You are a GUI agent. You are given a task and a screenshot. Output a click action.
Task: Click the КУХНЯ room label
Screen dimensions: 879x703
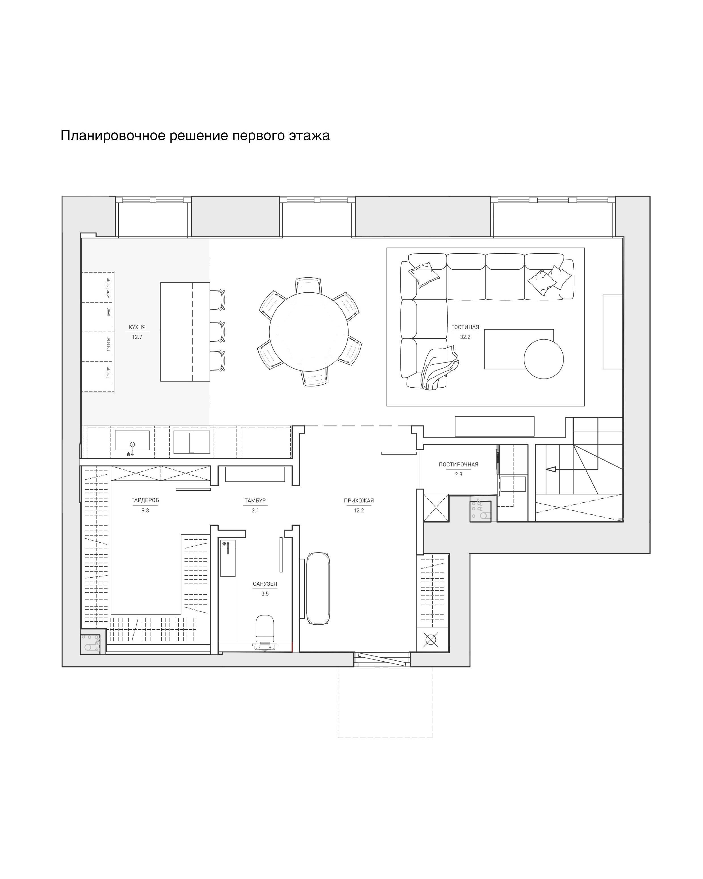(137, 327)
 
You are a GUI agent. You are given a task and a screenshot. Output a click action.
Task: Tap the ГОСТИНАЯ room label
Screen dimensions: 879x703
(465, 327)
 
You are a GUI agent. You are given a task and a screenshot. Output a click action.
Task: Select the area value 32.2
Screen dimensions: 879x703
(465, 337)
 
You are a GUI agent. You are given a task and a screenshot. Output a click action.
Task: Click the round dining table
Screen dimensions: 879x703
(309, 331)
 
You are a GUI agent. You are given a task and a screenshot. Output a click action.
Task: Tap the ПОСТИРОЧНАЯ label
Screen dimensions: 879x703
(458, 464)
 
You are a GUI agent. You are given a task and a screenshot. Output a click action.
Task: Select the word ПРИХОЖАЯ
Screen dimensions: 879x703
(358, 501)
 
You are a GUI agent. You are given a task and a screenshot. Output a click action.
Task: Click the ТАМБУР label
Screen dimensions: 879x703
(255, 501)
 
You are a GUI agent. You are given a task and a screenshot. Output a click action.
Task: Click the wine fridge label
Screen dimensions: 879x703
(108, 288)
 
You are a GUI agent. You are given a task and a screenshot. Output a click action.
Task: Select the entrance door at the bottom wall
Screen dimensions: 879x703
(382, 659)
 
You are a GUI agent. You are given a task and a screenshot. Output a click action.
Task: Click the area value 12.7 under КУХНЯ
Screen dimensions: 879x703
(137, 337)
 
